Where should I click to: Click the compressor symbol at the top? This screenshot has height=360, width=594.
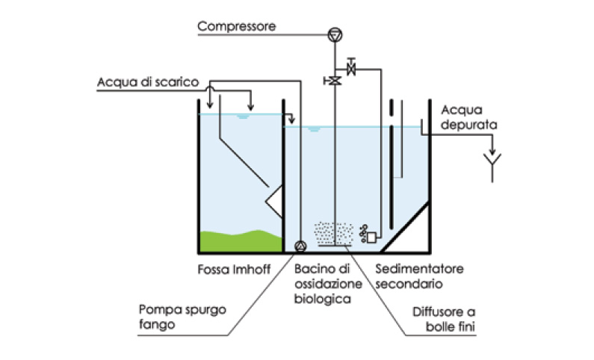click(x=334, y=33)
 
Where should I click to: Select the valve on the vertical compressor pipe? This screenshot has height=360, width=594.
click(x=334, y=81)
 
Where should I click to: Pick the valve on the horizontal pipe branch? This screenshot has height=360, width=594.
click(x=352, y=69)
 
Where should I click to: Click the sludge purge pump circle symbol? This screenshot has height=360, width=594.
click(x=300, y=246)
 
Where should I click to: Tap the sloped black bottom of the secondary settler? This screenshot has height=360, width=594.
click(x=407, y=229)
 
